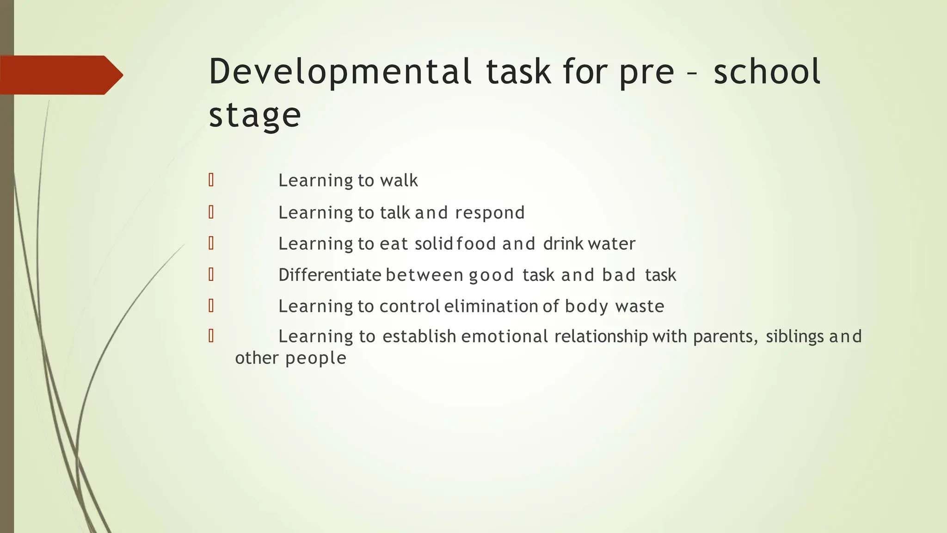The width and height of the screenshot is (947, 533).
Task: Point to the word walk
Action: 399,180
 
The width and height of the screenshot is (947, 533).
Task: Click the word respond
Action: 490,213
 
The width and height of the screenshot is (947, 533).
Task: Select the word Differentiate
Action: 330,275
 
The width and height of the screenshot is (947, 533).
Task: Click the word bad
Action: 619,275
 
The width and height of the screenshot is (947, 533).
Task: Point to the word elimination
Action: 491,306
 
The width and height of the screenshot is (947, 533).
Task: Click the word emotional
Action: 504,336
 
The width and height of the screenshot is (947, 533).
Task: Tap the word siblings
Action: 794,336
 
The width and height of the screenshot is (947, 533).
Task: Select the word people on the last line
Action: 316,358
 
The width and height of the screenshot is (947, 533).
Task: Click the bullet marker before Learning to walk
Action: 211,180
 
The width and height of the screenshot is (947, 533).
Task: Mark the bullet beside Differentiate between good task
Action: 211,274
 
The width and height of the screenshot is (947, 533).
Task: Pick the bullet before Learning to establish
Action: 211,336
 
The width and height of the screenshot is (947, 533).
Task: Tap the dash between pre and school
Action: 694,73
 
